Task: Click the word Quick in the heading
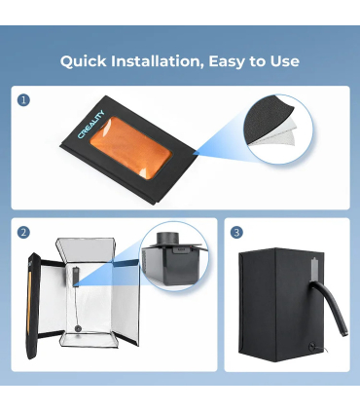83,61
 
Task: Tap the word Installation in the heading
158,61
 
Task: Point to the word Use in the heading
284,61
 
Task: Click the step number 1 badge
23,100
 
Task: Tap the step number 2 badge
23,233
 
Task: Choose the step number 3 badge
236,233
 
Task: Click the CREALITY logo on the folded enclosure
91,125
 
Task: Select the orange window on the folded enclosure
130,148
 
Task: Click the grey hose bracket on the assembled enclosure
315,269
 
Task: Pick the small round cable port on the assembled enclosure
313,346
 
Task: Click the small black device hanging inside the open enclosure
75,275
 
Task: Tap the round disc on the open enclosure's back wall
78,328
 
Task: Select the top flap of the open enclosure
85,250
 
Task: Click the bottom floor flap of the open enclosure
90,340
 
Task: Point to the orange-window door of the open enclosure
33,305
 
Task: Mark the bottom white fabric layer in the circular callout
281,138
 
